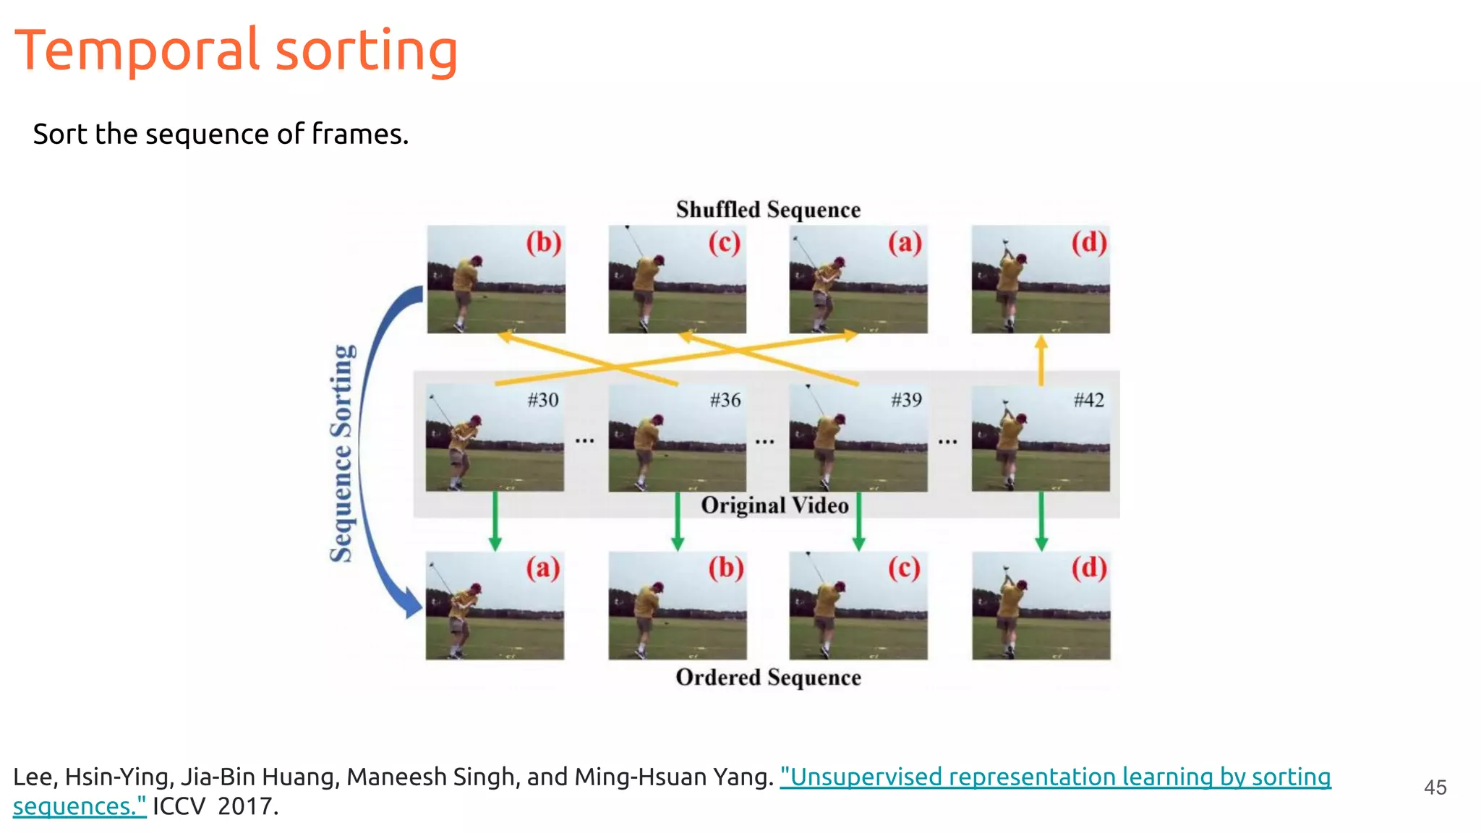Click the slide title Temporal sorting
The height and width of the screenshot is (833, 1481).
[236, 51]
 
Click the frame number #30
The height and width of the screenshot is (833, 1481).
[542, 400]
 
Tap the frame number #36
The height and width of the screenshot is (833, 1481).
[725, 400]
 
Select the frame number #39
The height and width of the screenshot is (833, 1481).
[906, 400]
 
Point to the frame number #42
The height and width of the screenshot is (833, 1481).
[1088, 400]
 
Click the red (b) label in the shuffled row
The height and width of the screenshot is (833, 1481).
[544, 243]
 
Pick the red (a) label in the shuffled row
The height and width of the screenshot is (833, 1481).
[905, 243]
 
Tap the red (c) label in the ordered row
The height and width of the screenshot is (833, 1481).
[905, 568]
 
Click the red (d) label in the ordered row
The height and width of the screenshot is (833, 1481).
[1089, 568]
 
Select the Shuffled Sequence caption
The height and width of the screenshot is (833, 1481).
[768, 210]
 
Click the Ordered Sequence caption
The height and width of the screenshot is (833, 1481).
[768, 678]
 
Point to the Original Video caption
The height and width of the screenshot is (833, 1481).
[774, 505]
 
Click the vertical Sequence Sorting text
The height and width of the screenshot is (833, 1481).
[342, 453]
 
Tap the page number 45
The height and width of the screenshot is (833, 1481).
[1435, 787]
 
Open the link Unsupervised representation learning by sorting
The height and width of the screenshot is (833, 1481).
[1055, 777]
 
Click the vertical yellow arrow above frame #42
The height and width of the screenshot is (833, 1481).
[1041, 359]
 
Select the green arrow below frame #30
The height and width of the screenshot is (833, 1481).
[495, 521]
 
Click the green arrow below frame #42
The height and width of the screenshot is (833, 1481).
[1041, 521]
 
